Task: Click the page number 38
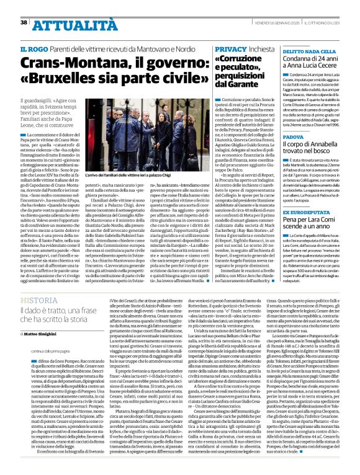pyautogui.click(x=24, y=22)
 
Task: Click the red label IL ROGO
pyautogui.click(x=33, y=48)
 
